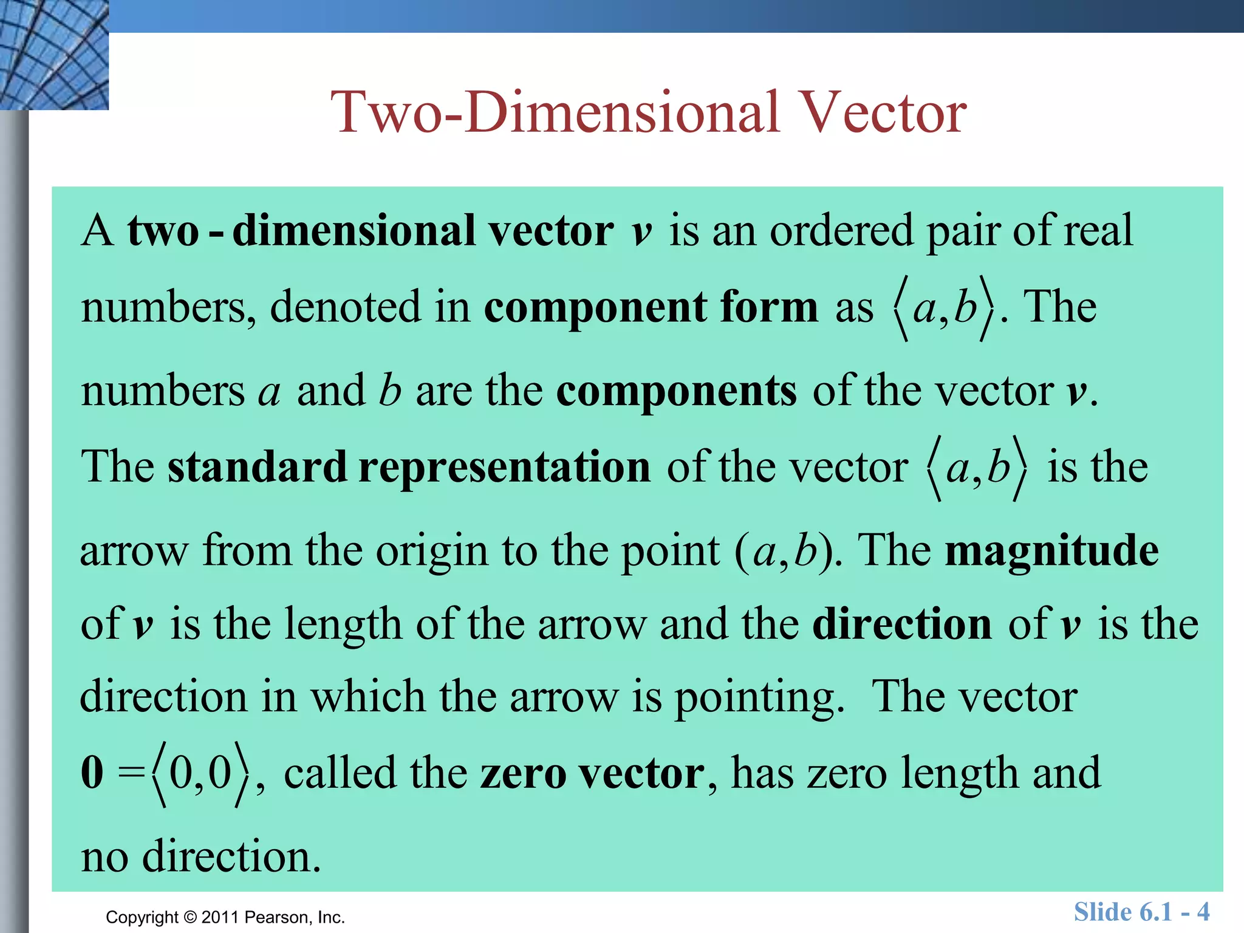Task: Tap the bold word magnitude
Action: pos(1051,550)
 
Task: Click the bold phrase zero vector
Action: pos(592,773)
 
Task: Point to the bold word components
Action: pos(676,391)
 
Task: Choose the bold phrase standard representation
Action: pos(409,467)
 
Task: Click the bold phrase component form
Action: pos(651,307)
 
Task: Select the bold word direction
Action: pos(902,624)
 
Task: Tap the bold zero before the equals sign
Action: pos(92,773)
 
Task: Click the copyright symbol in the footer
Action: pos(190,917)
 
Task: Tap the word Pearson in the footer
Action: pos(278,917)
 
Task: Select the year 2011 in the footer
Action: pos(220,917)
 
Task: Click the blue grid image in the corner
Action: pos(54,55)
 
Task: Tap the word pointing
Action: pos(759,697)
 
